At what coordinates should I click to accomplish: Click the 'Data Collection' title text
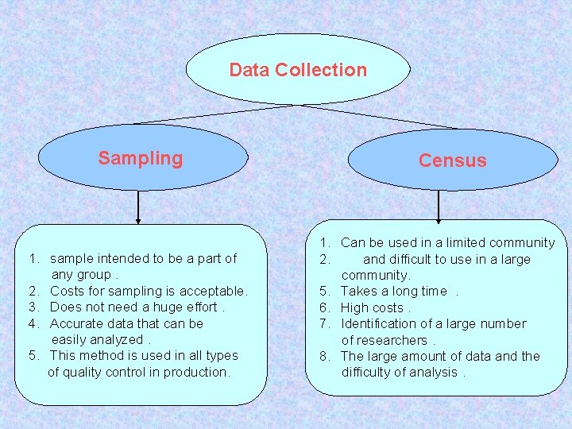[x=298, y=70]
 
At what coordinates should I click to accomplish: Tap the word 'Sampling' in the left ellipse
[x=140, y=158]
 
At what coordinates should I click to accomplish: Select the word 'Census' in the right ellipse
[x=452, y=160]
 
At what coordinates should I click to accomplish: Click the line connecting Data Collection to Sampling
[x=214, y=114]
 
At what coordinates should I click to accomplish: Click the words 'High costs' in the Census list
[x=372, y=307]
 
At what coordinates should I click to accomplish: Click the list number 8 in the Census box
[x=324, y=356]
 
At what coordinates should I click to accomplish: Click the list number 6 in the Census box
[x=324, y=307]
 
